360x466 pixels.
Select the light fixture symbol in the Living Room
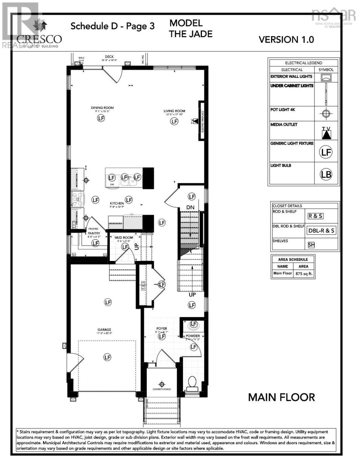(x=174, y=122)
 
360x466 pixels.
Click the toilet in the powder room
(x=192, y=383)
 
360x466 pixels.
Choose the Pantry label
(x=94, y=233)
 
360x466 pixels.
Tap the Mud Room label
(x=126, y=237)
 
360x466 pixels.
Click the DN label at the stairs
(x=190, y=207)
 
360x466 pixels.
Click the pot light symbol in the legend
(x=326, y=114)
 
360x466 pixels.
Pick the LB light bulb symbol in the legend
(x=326, y=174)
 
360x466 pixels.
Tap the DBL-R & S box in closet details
(x=322, y=230)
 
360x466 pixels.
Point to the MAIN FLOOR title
(x=282, y=397)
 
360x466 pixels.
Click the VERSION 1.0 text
(x=286, y=39)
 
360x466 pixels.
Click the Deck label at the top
(x=109, y=57)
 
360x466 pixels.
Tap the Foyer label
(x=162, y=329)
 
